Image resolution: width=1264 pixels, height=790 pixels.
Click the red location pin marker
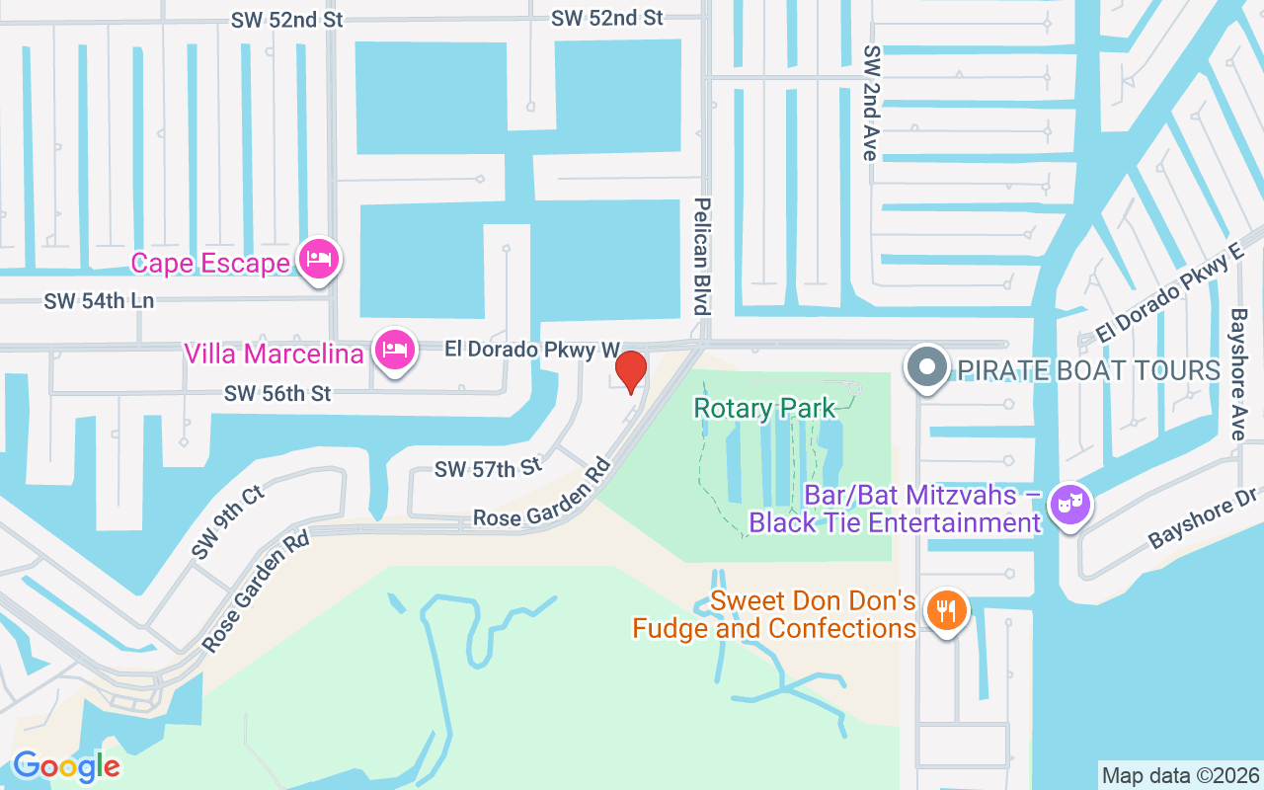click(631, 371)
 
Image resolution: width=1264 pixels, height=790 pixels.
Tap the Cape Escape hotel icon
click(319, 260)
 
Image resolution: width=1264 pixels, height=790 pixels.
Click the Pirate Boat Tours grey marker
click(926, 367)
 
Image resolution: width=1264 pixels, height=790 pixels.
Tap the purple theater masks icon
click(1070, 506)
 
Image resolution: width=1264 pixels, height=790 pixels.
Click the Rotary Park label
click(764, 407)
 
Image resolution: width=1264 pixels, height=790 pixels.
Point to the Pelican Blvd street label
click(702, 255)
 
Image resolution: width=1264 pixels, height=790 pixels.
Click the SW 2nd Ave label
click(870, 102)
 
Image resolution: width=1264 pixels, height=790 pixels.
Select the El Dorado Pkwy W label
click(531, 349)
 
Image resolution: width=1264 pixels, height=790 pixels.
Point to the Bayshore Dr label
click(1204, 520)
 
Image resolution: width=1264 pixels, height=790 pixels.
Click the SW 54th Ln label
click(99, 301)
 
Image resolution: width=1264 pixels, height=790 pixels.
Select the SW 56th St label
click(277, 393)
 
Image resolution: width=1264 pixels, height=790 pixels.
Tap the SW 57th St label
click(489, 467)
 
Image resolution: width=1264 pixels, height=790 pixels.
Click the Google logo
click(66, 766)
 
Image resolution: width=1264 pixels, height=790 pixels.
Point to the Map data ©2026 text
click(1180, 775)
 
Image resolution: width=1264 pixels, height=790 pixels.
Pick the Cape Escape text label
click(210, 263)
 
